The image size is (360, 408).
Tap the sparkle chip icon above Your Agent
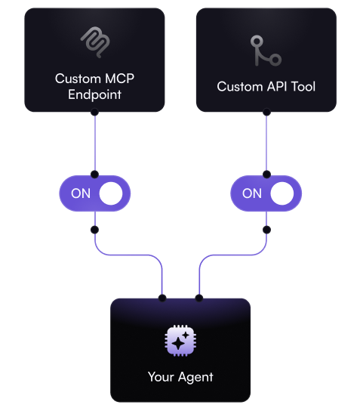tap(180, 341)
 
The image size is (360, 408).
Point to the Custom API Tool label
tap(266, 86)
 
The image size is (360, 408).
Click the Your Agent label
tap(180, 376)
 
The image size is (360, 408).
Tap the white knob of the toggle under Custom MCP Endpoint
tap(111, 193)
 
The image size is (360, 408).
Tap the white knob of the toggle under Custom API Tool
tap(282, 193)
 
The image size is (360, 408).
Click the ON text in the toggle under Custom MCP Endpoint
tap(81, 193)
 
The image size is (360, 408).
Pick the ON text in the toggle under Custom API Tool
tap(252, 193)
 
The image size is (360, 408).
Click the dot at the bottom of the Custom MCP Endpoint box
tap(94, 112)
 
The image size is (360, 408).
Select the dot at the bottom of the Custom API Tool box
tap(266, 112)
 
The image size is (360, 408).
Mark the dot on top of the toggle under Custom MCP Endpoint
tap(94, 174)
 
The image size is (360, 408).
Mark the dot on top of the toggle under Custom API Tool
tap(266, 174)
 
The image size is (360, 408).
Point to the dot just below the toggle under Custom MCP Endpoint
tap(94, 228)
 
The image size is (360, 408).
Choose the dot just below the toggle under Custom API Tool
tap(266, 228)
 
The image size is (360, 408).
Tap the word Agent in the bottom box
tap(195, 376)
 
